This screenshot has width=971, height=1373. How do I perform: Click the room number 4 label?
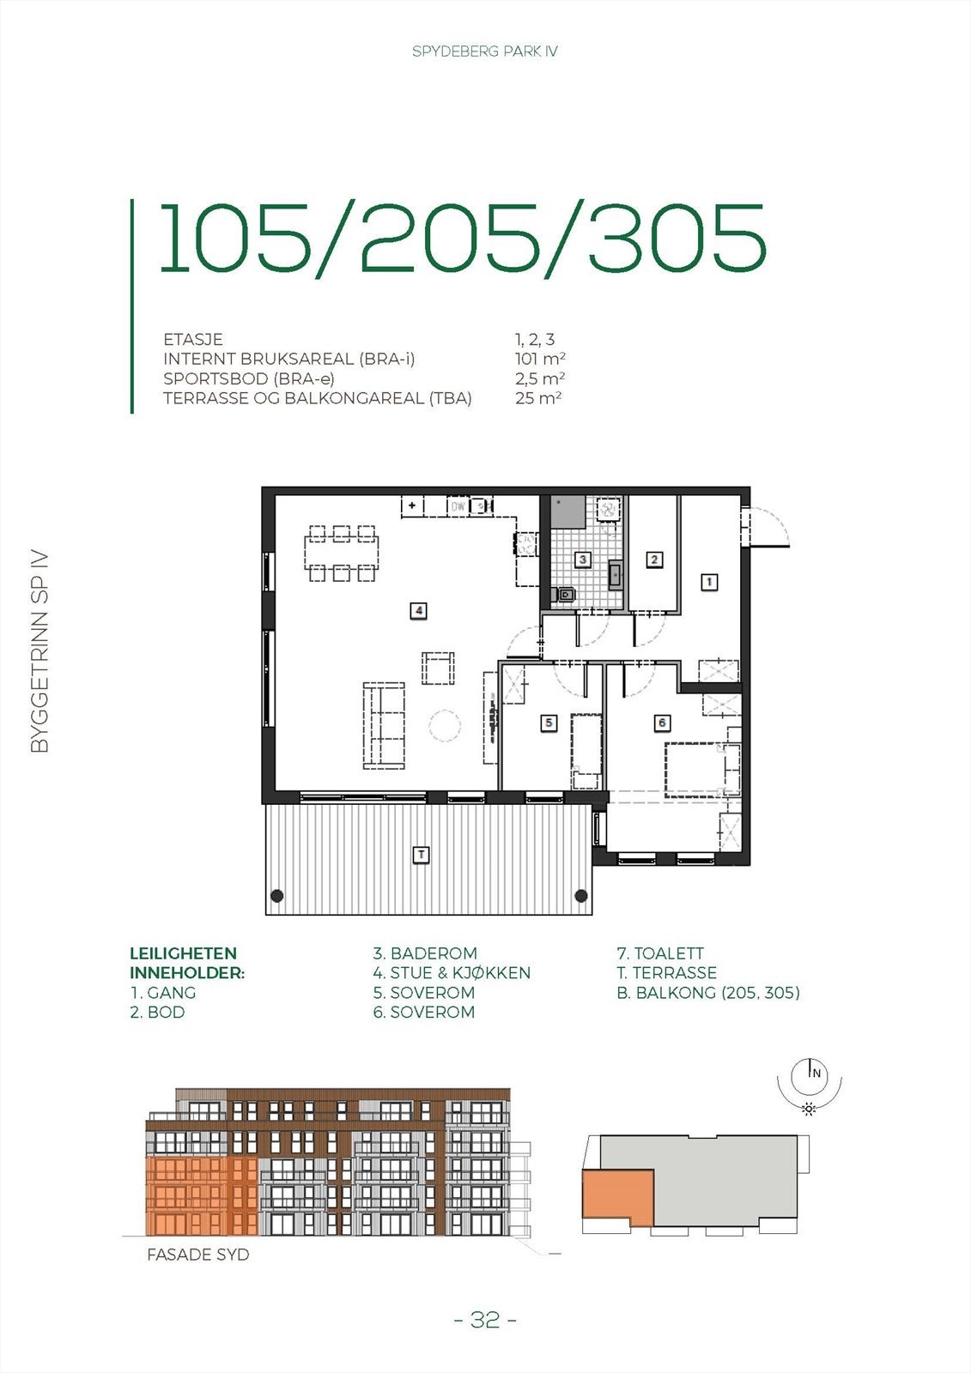418,611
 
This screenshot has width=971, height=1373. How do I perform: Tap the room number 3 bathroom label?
583,559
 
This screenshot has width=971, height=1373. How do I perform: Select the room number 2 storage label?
654,559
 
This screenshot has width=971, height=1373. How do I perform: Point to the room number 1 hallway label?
709,582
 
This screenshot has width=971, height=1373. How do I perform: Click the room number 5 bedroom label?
549,723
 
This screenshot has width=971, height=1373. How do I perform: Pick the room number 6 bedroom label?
662,723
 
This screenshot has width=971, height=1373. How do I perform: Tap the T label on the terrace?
421,855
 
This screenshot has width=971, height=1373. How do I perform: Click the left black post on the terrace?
277,896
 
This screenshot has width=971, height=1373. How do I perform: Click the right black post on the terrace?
581,896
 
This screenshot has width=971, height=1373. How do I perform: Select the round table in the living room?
445,726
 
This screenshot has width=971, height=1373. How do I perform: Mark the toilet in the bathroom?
566,593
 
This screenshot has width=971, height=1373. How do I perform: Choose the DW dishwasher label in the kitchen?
458,506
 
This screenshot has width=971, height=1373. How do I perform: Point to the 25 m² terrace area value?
538,398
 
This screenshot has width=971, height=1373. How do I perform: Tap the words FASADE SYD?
198,1255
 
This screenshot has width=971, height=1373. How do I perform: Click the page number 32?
485,1320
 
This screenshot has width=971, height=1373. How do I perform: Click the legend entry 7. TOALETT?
660,953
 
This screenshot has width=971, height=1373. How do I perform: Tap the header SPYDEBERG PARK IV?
485,51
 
